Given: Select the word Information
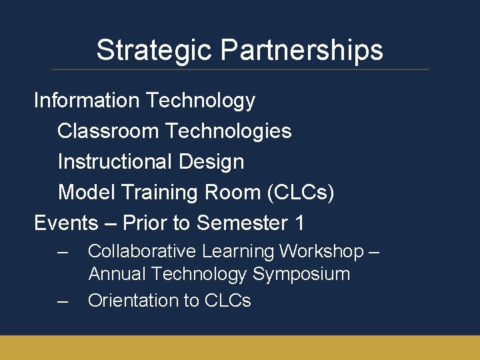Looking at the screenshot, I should pos(87,101).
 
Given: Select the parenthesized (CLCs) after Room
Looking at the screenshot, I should pos(300,193).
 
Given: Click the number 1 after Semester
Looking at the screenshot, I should pos(299,223).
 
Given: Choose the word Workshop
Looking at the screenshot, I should pos(321,251).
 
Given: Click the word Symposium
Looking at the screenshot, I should pos(301,274).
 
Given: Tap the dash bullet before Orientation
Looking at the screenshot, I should pos(63,301).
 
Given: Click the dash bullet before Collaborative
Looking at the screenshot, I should pos(63,252).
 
